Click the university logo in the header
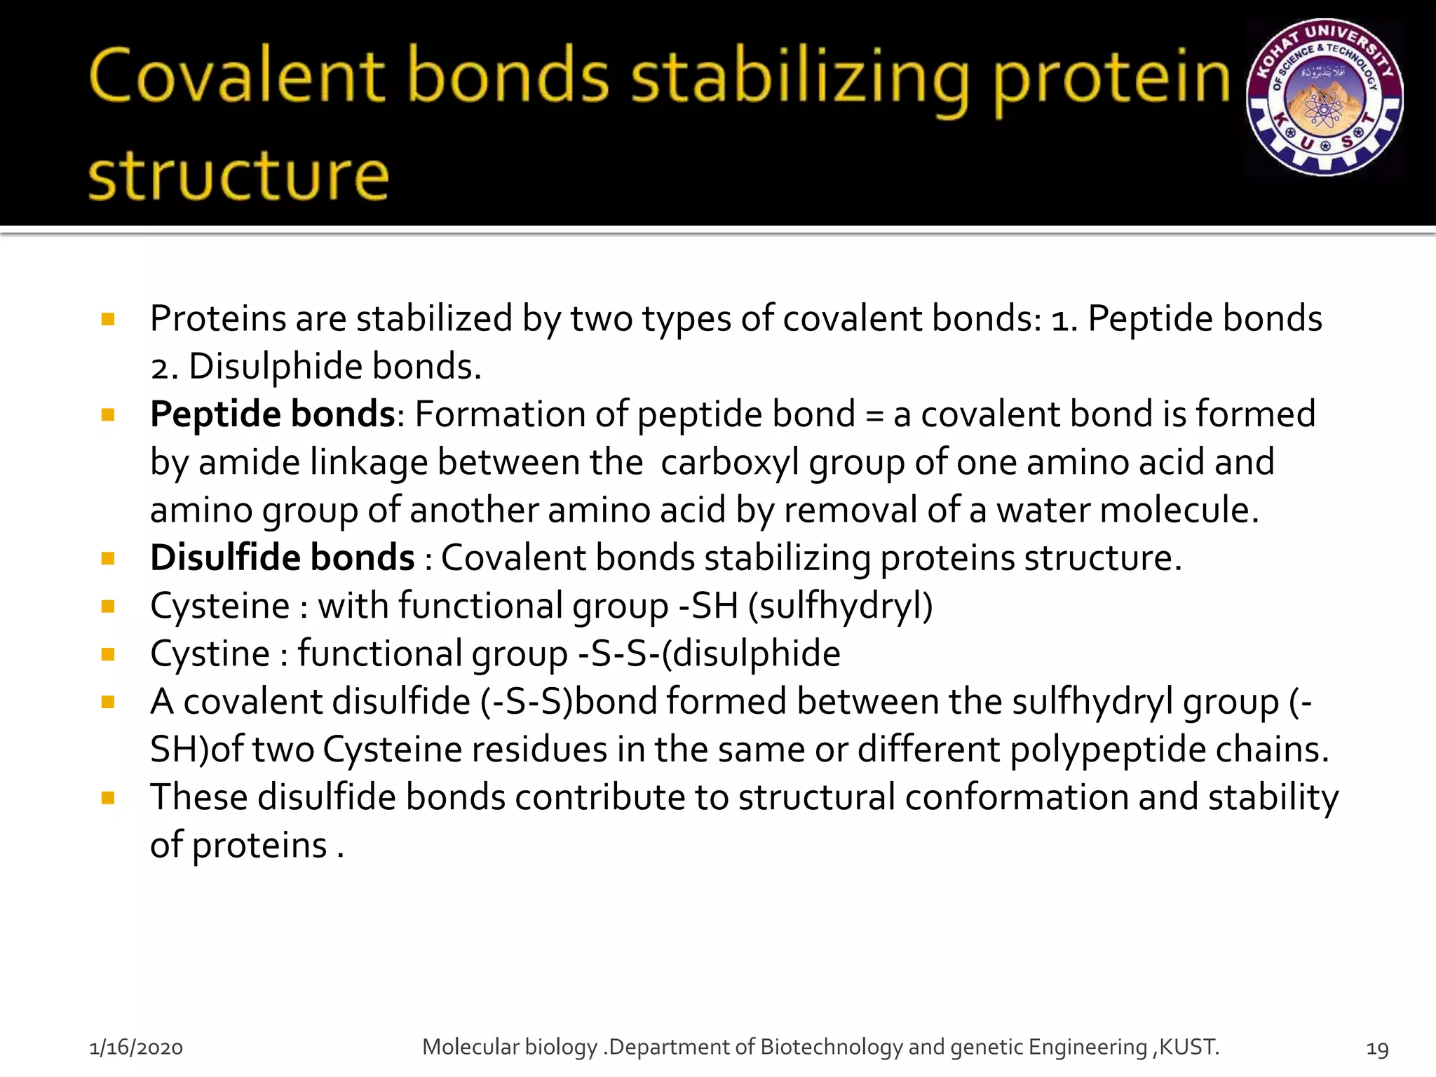[x=1325, y=97]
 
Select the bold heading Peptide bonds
[x=273, y=414]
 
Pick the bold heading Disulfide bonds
[x=283, y=558]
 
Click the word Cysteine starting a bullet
[x=219, y=606]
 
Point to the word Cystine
[x=210, y=653]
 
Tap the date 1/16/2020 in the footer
[x=136, y=1048]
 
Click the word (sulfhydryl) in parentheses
[x=841, y=606]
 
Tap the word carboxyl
[x=730, y=463]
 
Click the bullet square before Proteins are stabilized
[x=108, y=320]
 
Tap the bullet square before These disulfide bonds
[x=108, y=798]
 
